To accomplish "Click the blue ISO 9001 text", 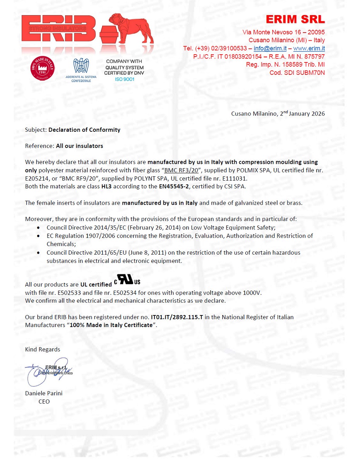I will click(124, 79).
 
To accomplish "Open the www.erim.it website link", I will click(309, 48).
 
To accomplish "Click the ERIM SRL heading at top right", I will click(295, 19).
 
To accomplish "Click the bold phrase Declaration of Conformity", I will click(84, 130).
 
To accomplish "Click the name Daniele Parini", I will click(44, 393).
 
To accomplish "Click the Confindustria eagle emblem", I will click(81, 66).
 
